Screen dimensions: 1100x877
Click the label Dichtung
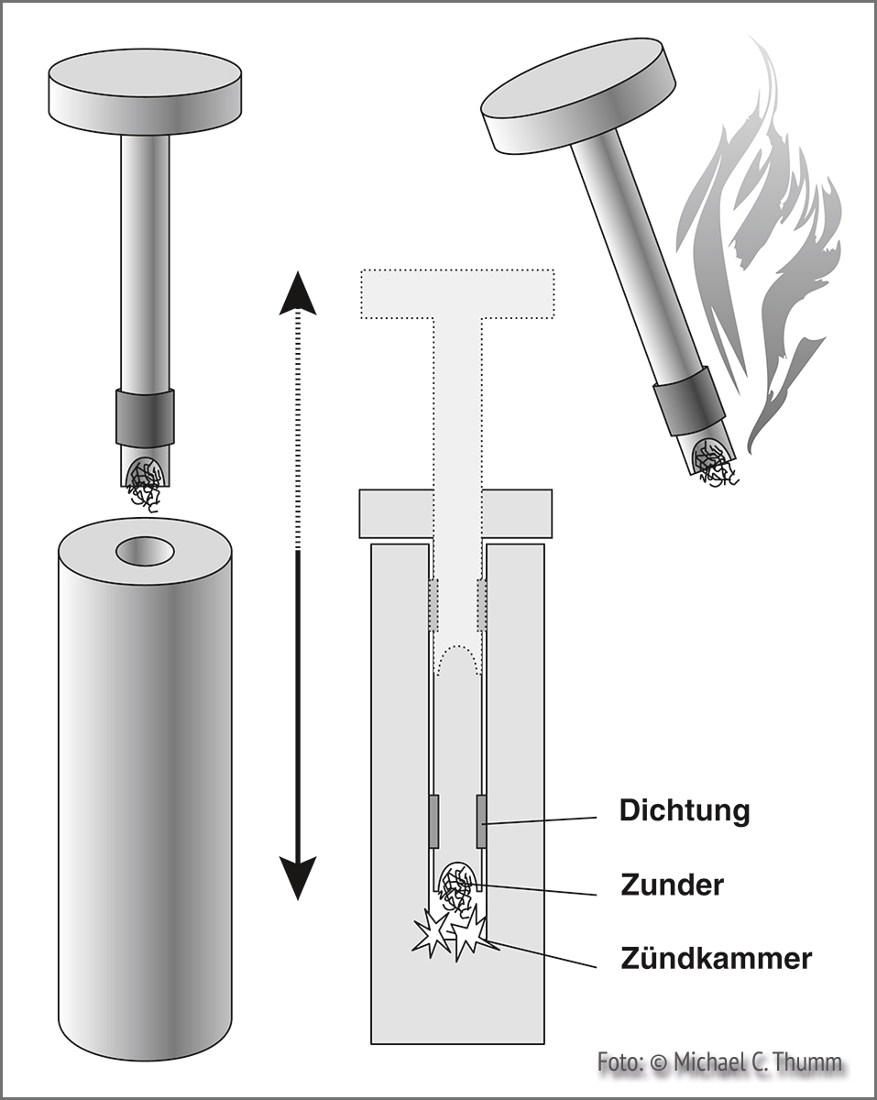[x=685, y=811]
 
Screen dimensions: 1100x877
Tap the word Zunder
[x=672, y=885]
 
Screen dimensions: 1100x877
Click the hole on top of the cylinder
[x=145, y=551]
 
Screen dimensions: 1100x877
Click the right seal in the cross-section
[x=481, y=822]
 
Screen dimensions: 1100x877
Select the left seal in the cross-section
[x=434, y=822]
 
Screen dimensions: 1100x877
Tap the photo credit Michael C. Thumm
[x=719, y=1062]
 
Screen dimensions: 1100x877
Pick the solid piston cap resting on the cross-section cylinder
[x=456, y=514]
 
